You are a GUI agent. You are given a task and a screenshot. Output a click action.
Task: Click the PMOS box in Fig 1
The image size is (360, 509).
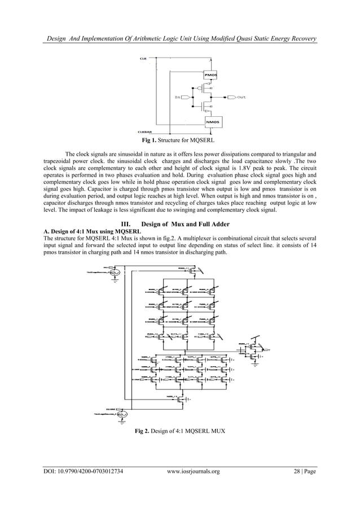tap(210, 74)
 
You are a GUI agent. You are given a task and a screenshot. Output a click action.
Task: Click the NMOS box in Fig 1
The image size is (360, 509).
tap(210, 122)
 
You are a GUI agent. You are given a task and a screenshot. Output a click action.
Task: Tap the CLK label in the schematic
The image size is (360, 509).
tap(143, 58)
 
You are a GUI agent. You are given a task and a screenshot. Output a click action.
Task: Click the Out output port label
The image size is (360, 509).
tap(242, 97)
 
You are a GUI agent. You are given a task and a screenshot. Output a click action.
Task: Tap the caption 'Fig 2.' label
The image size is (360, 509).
tap(142, 432)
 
